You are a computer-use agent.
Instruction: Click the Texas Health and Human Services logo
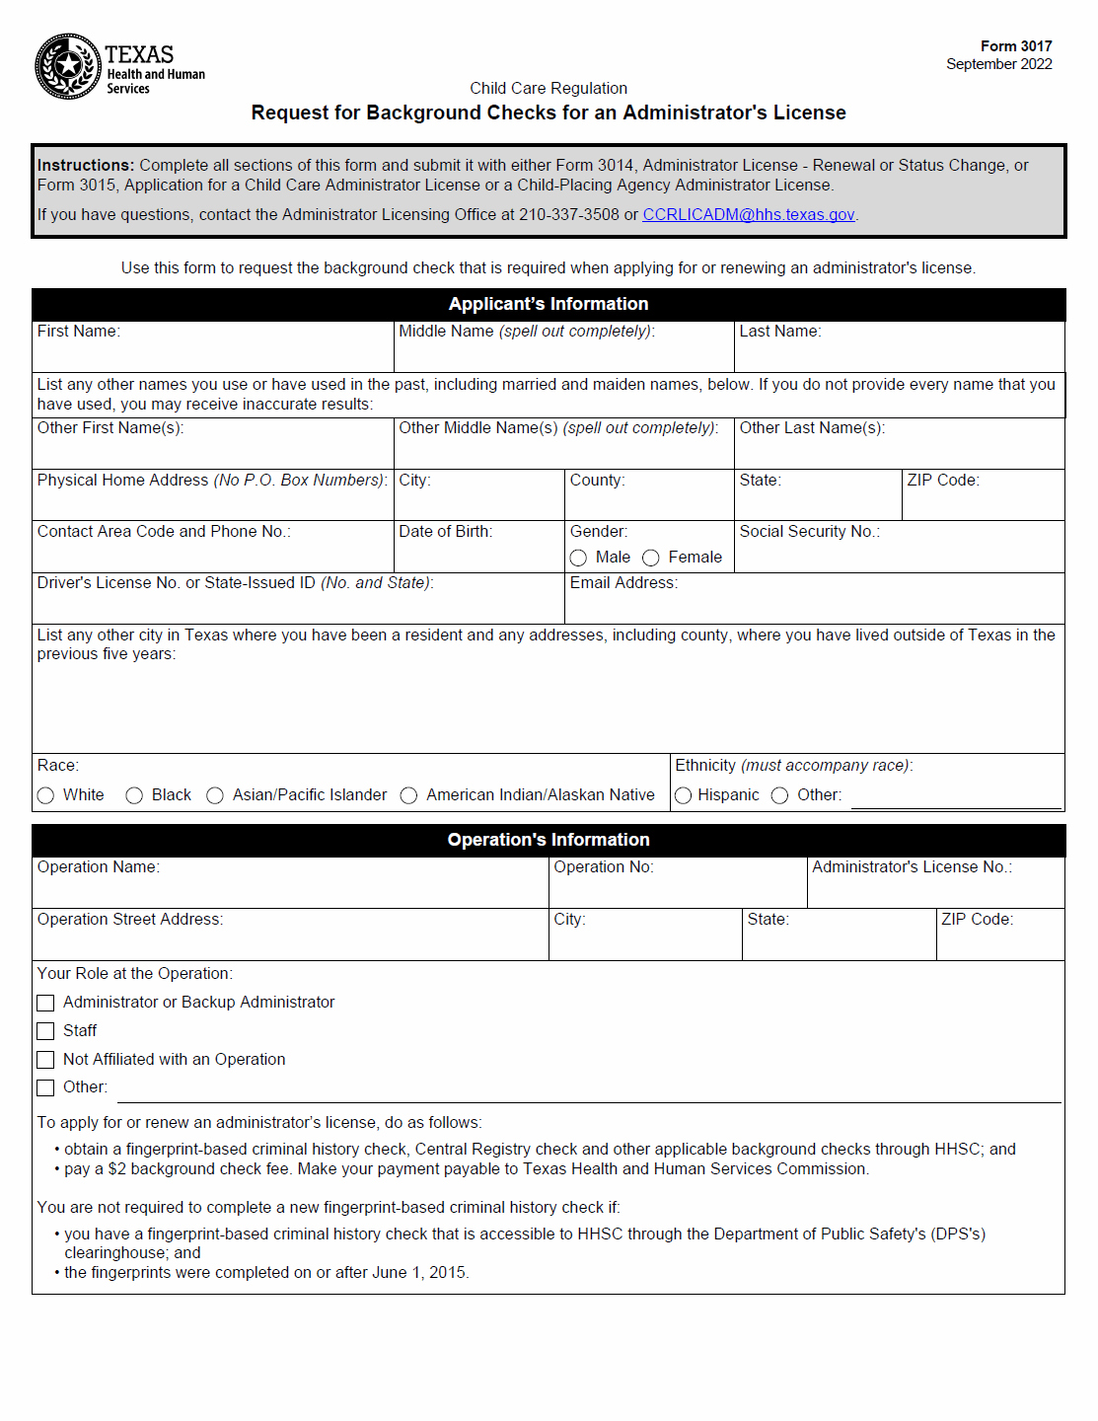pyautogui.click(x=118, y=67)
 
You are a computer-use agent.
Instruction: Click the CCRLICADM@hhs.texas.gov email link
pyautogui.click(x=748, y=215)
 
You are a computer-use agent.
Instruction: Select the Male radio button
pyautogui.click(x=578, y=559)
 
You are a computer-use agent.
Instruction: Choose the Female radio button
pyautogui.click(x=651, y=559)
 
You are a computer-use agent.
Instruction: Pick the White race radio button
pyautogui.click(x=45, y=796)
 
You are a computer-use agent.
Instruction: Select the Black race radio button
pyautogui.click(x=134, y=796)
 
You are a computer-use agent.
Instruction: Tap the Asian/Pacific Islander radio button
pyautogui.click(x=215, y=796)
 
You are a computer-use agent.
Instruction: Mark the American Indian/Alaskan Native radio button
pyautogui.click(x=408, y=796)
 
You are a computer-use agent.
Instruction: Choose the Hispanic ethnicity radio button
pyautogui.click(x=683, y=796)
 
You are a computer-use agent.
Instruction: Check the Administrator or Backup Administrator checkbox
pyautogui.click(x=45, y=1004)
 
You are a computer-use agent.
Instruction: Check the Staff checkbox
pyautogui.click(x=45, y=1032)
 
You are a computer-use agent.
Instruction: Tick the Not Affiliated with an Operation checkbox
pyautogui.click(x=45, y=1061)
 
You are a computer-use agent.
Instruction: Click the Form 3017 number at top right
pyautogui.click(x=1015, y=46)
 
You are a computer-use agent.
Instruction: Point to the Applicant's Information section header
pyautogui.click(x=549, y=305)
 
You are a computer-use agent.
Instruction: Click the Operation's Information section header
pyautogui.click(x=549, y=841)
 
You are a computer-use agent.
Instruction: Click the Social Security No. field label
pyautogui.click(x=809, y=532)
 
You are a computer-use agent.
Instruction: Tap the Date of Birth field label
pyautogui.click(x=445, y=532)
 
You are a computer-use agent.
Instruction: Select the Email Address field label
pyautogui.click(x=623, y=583)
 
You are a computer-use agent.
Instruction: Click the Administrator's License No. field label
pyautogui.click(x=912, y=867)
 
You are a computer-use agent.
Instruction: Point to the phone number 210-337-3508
pyautogui.click(x=569, y=215)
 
